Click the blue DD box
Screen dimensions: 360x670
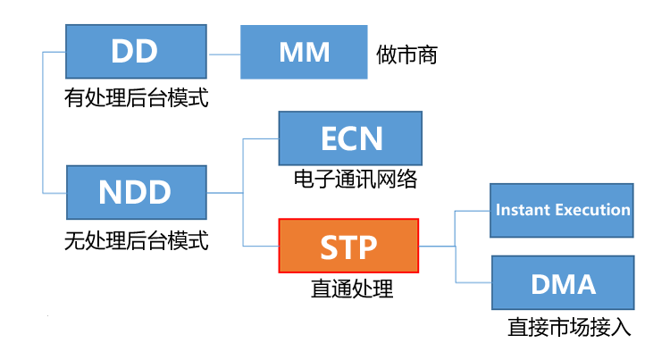136,52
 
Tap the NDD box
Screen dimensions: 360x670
136,192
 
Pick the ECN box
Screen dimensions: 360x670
350,138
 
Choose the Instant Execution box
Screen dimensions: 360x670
562,211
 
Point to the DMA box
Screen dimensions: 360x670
562,283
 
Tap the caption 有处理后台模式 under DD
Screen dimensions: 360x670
136,97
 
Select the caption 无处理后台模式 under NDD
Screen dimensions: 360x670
136,239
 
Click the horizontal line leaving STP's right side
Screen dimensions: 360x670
438,246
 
